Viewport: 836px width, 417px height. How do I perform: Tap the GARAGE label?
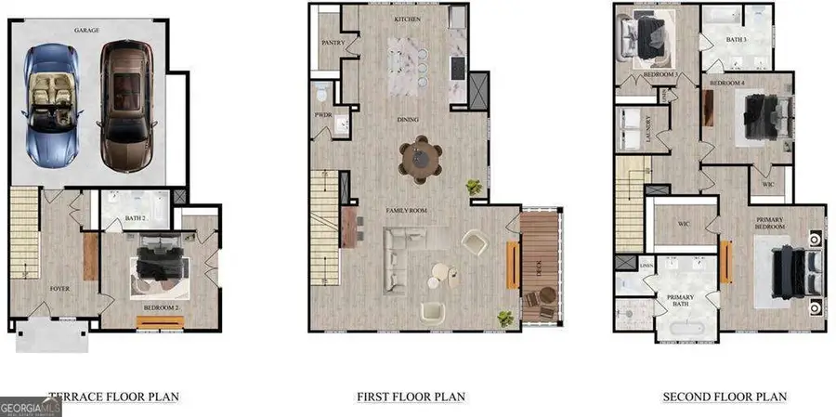pyautogui.click(x=87, y=30)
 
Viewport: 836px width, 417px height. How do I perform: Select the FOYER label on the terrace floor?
pyautogui.click(x=59, y=289)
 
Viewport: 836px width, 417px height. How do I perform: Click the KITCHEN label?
pyautogui.click(x=407, y=19)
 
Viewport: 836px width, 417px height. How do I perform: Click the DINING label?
pyautogui.click(x=406, y=120)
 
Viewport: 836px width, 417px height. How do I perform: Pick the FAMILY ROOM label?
pyautogui.click(x=406, y=212)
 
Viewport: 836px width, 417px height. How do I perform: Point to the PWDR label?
pyautogui.click(x=324, y=114)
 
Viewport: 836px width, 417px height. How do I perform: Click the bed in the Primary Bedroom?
pyautogui.click(x=795, y=270)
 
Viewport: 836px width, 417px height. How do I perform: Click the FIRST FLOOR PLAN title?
pyautogui.click(x=411, y=397)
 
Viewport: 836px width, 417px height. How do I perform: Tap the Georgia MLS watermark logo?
pyautogui.click(x=31, y=407)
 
